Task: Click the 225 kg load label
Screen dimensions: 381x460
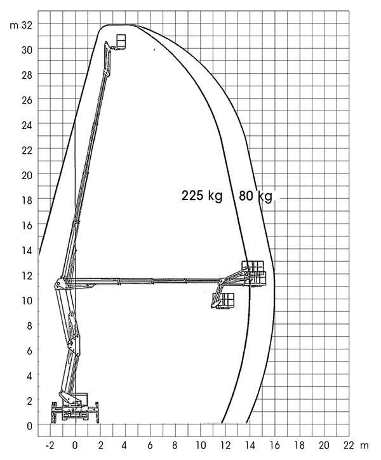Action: click(202, 196)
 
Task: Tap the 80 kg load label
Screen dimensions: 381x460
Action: click(255, 196)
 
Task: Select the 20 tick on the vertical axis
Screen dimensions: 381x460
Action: click(27, 175)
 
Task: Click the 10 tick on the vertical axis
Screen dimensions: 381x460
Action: click(27, 301)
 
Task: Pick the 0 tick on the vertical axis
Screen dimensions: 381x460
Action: click(29, 426)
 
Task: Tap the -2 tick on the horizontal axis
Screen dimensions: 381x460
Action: click(50, 445)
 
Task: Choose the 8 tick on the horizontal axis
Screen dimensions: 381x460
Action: click(175, 445)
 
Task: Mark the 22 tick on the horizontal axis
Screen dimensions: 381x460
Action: click(349, 445)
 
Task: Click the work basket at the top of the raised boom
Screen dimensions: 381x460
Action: click(121, 41)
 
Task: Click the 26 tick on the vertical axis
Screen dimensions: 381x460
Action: click(27, 100)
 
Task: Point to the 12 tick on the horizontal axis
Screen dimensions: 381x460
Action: click(225, 445)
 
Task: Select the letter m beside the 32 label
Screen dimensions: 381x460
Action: click(14, 26)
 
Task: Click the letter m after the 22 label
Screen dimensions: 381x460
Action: click(364, 446)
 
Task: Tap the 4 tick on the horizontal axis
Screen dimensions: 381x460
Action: click(125, 445)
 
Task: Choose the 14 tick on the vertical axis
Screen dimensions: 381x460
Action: click(27, 250)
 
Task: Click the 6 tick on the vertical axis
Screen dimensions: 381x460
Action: click(29, 351)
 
